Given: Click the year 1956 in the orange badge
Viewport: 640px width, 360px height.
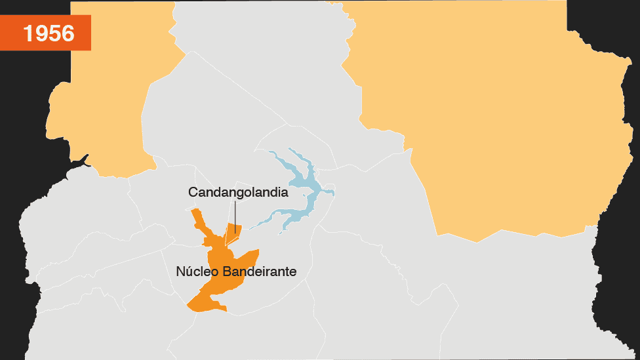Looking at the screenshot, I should (49, 33).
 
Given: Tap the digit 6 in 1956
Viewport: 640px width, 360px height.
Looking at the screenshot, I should (68, 33).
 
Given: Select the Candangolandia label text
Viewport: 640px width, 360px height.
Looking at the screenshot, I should (238, 193).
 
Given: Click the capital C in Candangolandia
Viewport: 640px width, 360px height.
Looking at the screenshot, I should (193, 193).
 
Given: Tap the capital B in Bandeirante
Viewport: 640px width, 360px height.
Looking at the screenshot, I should (228, 271).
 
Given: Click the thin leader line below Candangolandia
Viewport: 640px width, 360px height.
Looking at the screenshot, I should (235, 216).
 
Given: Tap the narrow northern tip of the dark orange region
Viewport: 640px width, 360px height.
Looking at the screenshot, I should (195, 213).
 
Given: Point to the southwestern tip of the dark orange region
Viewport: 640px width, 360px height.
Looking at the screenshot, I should (190, 306).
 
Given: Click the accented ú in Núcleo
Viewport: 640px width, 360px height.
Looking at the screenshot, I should (188, 271).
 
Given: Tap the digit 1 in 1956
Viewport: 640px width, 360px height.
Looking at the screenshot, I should (29, 33).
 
